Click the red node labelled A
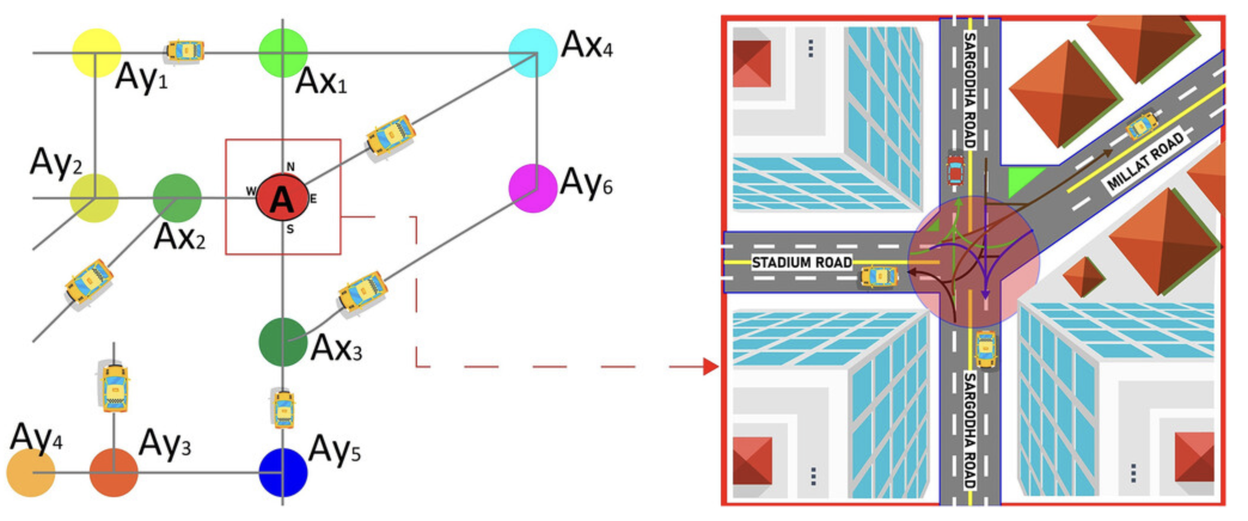(x=282, y=198)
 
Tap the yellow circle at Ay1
(x=96, y=53)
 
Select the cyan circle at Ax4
(x=533, y=53)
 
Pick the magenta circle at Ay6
(x=533, y=188)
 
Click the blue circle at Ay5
(x=283, y=472)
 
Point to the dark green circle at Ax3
(x=283, y=342)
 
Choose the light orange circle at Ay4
(x=30, y=472)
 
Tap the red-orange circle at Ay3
(x=114, y=472)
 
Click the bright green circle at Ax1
(x=283, y=53)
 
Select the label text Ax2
(x=179, y=237)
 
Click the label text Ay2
(x=56, y=162)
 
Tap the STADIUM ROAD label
(x=802, y=262)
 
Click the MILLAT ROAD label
(x=1145, y=161)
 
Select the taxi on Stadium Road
(x=879, y=277)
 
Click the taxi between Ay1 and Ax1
(x=185, y=51)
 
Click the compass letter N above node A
(x=290, y=167)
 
